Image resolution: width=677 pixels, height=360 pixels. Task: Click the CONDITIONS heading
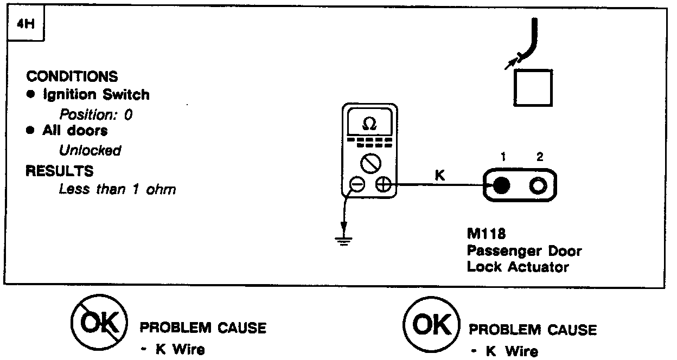click(x=72, y=76)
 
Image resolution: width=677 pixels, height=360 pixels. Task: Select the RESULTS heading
click(x=60, y=171)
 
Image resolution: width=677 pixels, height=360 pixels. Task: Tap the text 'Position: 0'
click(x=95, y=115)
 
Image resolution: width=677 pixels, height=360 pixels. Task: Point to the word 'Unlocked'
click(x=90, y=150)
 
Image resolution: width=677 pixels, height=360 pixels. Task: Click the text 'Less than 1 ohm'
click(x=117, y=190)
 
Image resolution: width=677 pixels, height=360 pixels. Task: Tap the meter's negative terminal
click(x=357, y=185)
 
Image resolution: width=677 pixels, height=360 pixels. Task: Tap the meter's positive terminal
click(x=383, y=185)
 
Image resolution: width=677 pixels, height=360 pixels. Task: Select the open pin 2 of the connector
click(x=538, y=186)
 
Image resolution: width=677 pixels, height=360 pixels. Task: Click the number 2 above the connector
click(x=539, y=157)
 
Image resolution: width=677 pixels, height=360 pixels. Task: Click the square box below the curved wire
click(x=533, y=88)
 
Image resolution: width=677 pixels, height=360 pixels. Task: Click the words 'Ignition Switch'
click(x=96, y=95)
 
